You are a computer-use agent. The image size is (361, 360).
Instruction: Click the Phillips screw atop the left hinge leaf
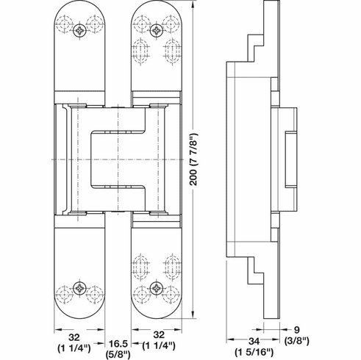(x=78, y=29)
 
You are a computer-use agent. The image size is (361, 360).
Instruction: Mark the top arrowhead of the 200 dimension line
(x=194, y=7)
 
